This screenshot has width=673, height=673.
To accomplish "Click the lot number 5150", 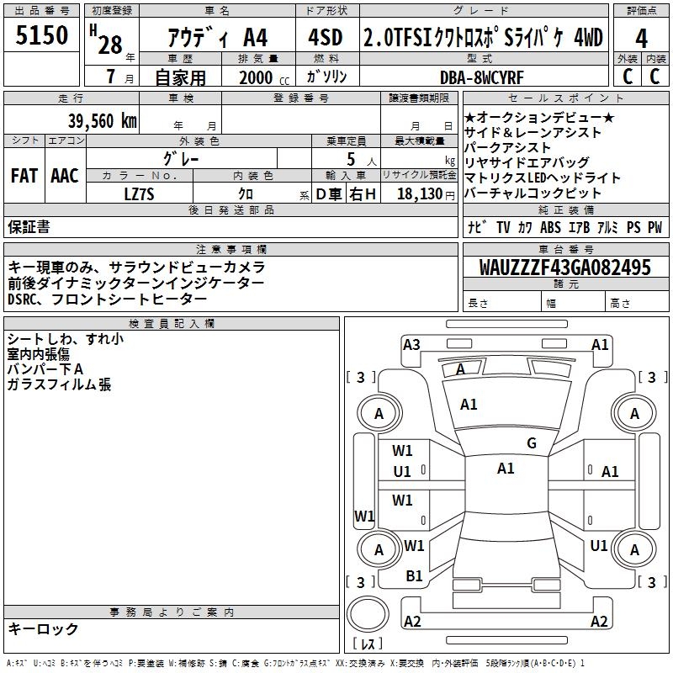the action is (x=42, y=37).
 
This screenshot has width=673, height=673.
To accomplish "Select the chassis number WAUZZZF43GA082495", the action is (x=564, y=268).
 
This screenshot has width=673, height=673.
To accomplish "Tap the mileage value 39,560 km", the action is (x=102, y=120).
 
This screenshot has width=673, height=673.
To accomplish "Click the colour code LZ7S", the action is (x=140, y=193).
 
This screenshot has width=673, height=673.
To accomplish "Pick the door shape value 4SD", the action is (x=326, y=38).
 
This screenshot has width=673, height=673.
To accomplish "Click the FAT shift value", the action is (x=24, y=176).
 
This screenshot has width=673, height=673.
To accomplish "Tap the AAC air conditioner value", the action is (x=65, y=176).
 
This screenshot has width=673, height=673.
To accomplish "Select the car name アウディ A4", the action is (x=218, y=39).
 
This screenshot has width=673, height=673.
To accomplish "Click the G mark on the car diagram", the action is (x=532, y=443).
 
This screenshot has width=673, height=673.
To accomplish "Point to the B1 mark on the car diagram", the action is (x=414, y=575).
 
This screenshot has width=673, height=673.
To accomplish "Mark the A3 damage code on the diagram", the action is (x=411, y=344).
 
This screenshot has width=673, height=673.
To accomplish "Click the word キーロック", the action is (x=43, y=628).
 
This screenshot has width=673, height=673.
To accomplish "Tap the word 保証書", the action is (x=29, y=226).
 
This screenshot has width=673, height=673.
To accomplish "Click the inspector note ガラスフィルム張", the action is (x=59, y=384).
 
